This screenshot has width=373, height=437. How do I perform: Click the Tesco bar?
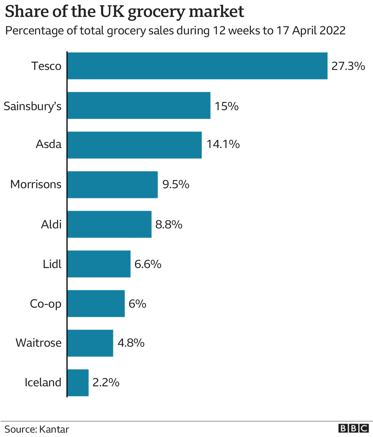pyautogui.click(x=197, y=66)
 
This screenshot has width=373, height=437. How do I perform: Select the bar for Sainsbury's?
pyautogui.click(x=139, y=105)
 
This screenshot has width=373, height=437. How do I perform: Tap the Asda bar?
pyautogui.click(x=134, y=145)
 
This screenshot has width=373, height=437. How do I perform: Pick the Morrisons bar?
pyautogui.click(x=112, y=185)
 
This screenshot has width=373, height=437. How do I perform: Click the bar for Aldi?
pyautogui.click(x=109, y=224)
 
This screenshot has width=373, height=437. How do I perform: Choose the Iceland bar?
pyautogui.click(x=78, y=383)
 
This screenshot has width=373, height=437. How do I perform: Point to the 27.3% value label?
pyautogui.click(x=348, y=66)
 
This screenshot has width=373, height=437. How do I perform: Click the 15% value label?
pyautogui.click(x=226, y=106)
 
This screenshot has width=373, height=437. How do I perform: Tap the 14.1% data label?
pyautogui.click(x=223, y=144)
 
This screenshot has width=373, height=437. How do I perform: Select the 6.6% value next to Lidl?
pyautogui.click(x=148, y=264)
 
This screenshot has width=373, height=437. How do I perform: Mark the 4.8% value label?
pyautogui.click(x=131, y=343)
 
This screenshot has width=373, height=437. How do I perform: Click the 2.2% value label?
pyautogui.click(x=106, y=383)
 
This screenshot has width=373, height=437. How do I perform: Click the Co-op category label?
pyautogui.click(x=46, y=304)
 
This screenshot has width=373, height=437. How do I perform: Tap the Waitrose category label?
pyautogui.click(x=38, y=343)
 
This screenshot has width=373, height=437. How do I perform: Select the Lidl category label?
pyautogui.click(x=52, y=264)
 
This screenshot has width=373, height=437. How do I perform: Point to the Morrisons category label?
pyautogui.click(x=36, y=184)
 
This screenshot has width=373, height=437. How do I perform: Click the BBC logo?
pyautogui.click(x=353, y=429)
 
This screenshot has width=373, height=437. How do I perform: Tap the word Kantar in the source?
pyautogui.click(x=54, y=429)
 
